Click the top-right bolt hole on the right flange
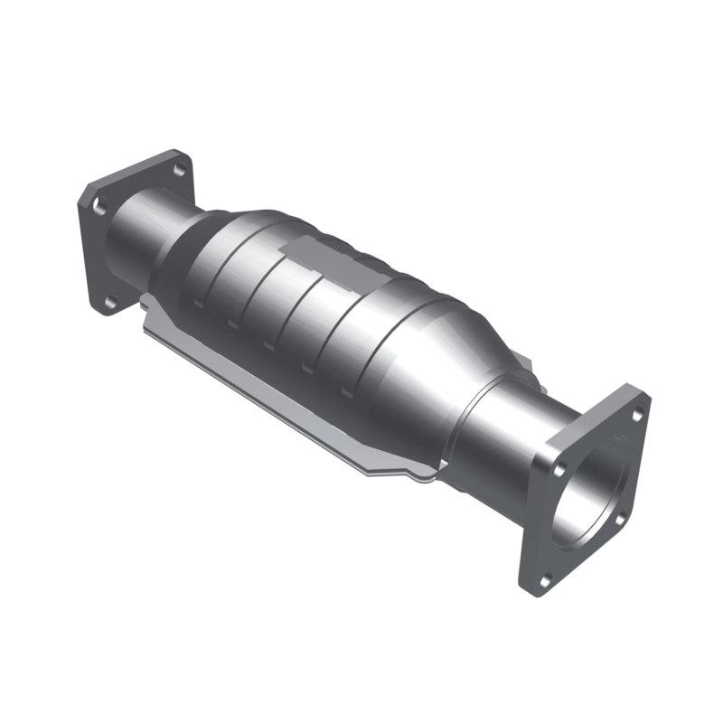[x=636, y=415]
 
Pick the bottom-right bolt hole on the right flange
[x=620, y=519]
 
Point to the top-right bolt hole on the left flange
[x=179, y=169]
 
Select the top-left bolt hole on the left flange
[x=99, y=207]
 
